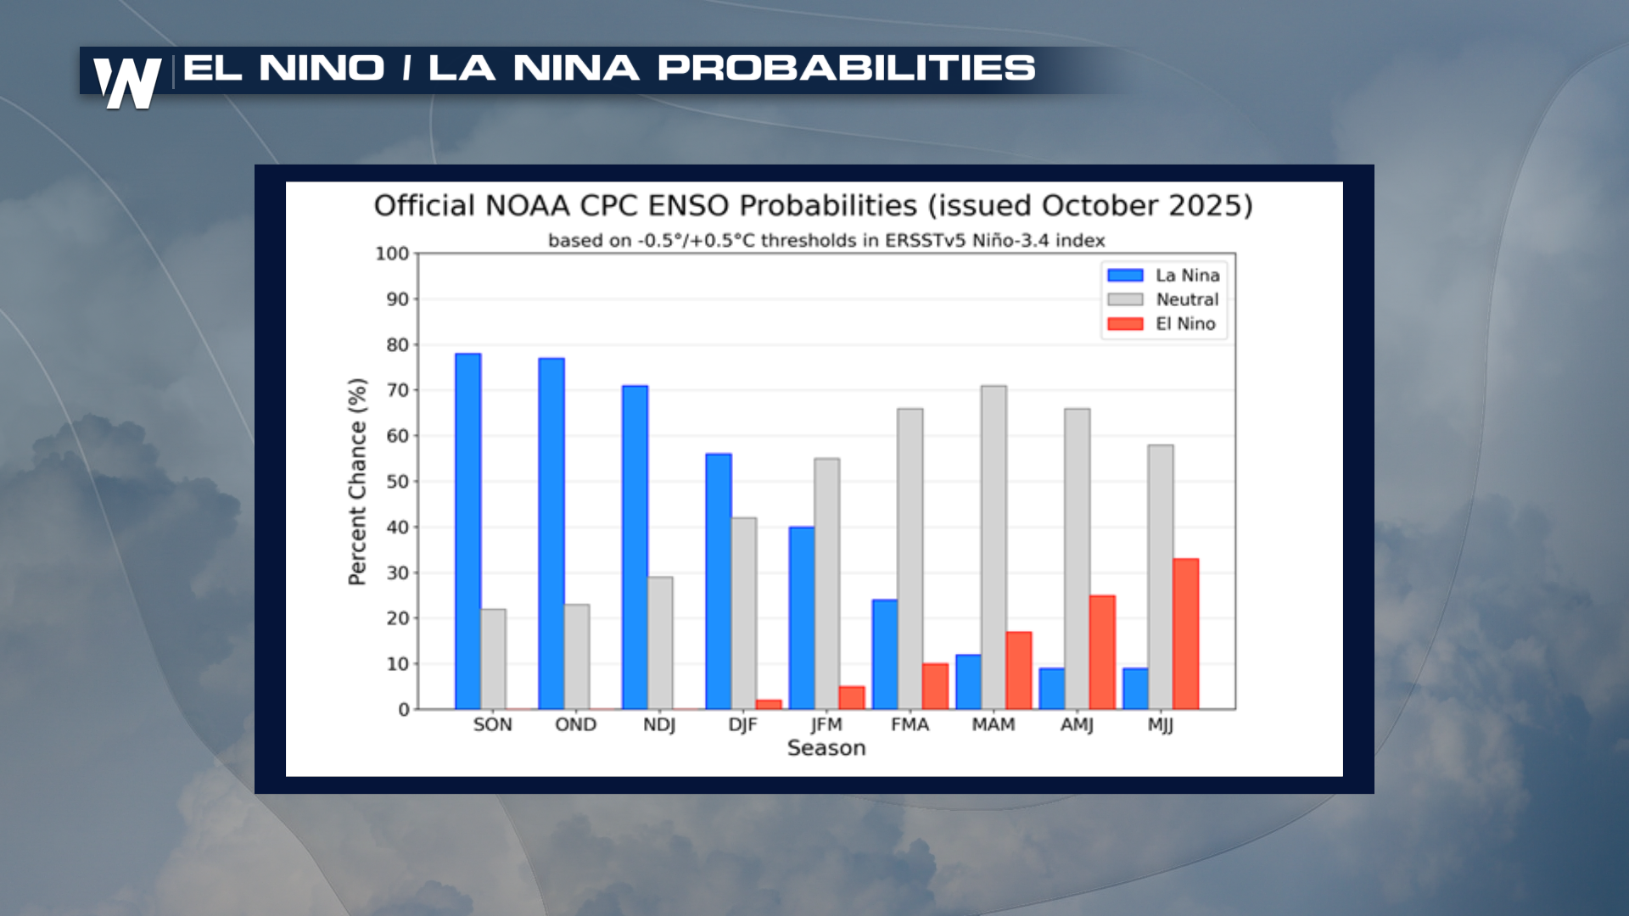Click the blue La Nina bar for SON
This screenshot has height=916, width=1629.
click(467, 531)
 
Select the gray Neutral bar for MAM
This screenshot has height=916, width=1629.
click(994, 547)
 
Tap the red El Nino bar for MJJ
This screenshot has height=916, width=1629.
click(1185, 634)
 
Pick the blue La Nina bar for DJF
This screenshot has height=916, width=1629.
click(718, 581)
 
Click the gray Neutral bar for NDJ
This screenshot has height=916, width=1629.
click(660, 643)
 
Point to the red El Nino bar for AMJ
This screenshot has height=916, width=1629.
click(1102, 652)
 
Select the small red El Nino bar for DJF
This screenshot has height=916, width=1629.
click(769, 704)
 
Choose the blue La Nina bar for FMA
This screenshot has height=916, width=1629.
click(885, 654)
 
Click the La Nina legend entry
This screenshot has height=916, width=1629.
click(1164, 275)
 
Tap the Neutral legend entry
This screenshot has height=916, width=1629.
click(1164, 299)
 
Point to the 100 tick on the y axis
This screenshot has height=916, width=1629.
click(392, 254)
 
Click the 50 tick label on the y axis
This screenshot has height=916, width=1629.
click(397, 481)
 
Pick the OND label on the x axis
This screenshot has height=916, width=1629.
click(575, 724)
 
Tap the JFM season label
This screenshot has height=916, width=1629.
click(826, 724)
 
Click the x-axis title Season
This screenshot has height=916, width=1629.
click(826, 748)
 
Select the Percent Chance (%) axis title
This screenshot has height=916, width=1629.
click(357, 482)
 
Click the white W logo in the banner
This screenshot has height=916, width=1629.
click(127, 82)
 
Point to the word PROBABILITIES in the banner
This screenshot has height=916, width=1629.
click(846, 68)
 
